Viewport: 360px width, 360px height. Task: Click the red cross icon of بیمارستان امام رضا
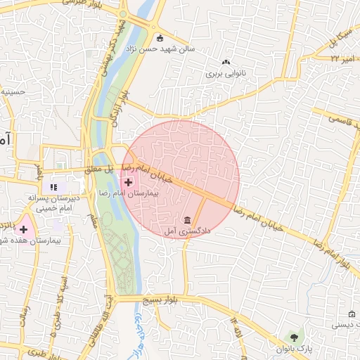128,182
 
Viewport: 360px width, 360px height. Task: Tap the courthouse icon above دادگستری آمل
186,220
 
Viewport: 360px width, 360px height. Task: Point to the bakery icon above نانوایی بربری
226,63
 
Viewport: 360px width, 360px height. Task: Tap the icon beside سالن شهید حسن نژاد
160,38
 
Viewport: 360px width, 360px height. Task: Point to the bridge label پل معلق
98,169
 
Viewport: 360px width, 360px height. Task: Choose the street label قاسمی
342,119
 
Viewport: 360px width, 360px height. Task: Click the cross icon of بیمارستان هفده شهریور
24,229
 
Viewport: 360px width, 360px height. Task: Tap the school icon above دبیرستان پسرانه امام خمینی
53,187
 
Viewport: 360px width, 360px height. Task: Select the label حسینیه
13,91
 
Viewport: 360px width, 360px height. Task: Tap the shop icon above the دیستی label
352,313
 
